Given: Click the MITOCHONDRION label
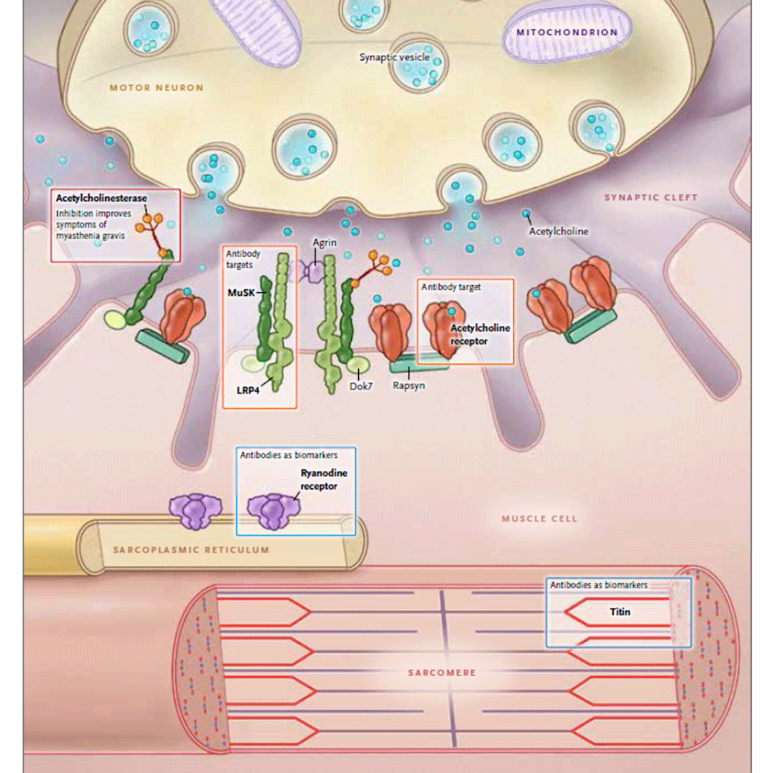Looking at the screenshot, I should tap(567, 32).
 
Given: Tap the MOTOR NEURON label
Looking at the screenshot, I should tap(156, 88).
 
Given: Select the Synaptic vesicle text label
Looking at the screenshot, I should tap(394, 57).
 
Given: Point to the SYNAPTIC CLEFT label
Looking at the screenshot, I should tap(651, 198).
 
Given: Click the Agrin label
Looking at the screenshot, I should tap(324, 243).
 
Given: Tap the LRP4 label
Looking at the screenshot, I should tap(248, 391).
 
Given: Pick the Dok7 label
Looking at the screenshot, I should tap(361, 386).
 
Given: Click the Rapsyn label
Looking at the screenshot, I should tap(409, 385).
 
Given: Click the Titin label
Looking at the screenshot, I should tap(620, 612).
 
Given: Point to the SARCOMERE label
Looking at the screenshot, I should tap(442, 673).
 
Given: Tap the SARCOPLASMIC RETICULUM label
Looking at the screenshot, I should tap(191, 550).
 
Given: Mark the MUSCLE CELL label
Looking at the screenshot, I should tap(539, 518).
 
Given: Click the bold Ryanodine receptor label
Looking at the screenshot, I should tap(319, 480).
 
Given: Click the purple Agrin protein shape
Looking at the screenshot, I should tap(313, 271).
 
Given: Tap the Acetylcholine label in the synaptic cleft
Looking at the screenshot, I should tap(558, 231).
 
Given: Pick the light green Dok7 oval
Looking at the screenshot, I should tap(357, 366).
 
